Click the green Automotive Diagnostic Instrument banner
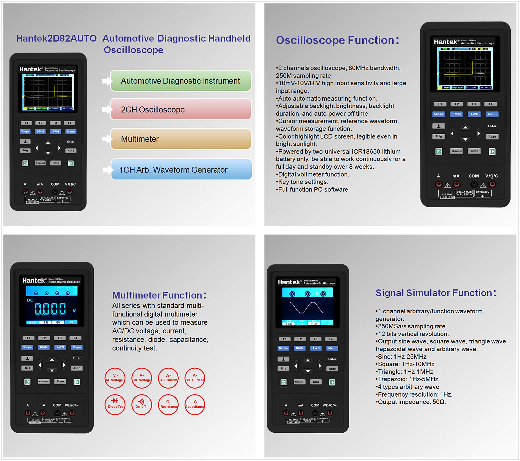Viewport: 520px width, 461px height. [181, 81]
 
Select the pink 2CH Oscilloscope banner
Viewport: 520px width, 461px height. [181, 110]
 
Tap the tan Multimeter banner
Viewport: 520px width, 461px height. [181, 139]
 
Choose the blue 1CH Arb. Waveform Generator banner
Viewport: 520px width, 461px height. [181, 170]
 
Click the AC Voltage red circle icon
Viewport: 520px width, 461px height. [115, 378]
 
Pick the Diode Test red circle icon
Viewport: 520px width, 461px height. [115, 404]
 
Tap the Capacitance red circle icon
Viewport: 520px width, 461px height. [195, 404]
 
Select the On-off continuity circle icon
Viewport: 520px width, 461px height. [141, 404]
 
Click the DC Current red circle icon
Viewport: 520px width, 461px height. [195, 378]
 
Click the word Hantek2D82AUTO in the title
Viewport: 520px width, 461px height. [56, 38]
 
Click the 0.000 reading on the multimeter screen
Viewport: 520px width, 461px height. [50, 309]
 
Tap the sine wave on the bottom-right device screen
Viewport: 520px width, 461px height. [308, 308]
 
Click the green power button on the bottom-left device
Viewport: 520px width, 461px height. [27, 382]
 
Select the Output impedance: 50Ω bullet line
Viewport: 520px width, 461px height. [410, 402]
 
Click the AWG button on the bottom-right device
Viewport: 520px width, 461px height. [316, 348]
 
